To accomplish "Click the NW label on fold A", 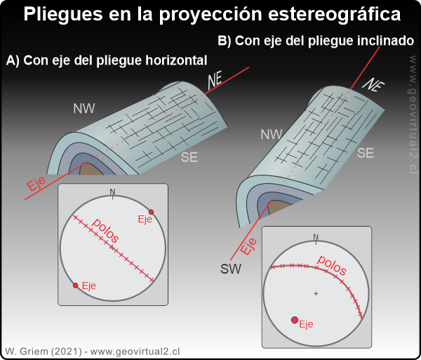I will click(x=84, y=108).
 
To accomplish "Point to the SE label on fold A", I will click(x=189, y=157).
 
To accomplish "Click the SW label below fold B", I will click(x=231, y=269).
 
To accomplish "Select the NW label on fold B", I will click(x=271, y=134).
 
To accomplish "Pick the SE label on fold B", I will click(x=366, y=152).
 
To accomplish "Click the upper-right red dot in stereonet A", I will click(x=151, y=211).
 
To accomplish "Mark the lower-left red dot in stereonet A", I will click(x=75, y=285).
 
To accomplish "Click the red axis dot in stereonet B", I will click(x=295, y=320).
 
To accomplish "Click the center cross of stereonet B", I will click(x=316, y=293).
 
